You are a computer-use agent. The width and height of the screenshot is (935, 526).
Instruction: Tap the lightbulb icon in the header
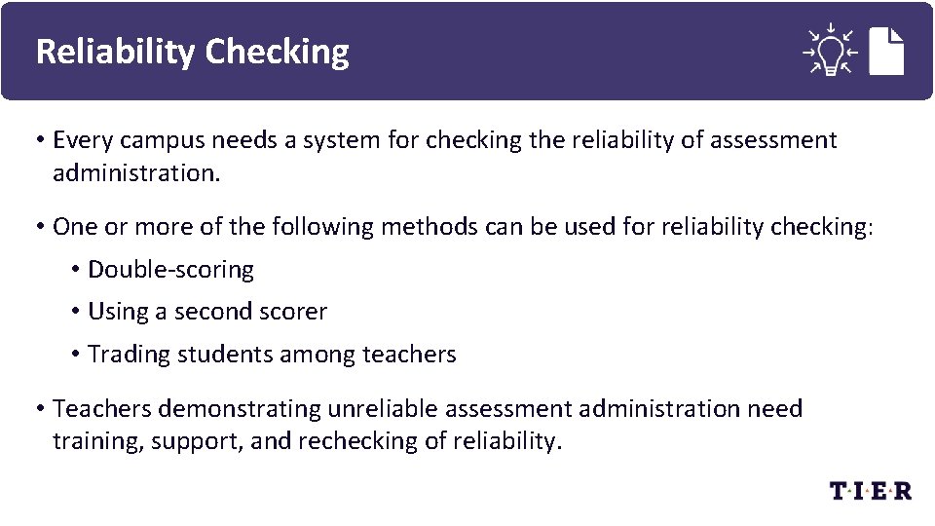coord(830,50)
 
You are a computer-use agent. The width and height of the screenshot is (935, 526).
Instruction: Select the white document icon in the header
coord(886,51)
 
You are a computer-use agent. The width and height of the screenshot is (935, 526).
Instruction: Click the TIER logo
coord(870,491)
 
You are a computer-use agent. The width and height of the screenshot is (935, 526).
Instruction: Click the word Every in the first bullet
coord(80,140)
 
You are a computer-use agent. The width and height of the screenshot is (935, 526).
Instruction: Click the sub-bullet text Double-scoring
coord(170,270)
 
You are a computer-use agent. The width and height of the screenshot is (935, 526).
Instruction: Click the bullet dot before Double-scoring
coord(75,270)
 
